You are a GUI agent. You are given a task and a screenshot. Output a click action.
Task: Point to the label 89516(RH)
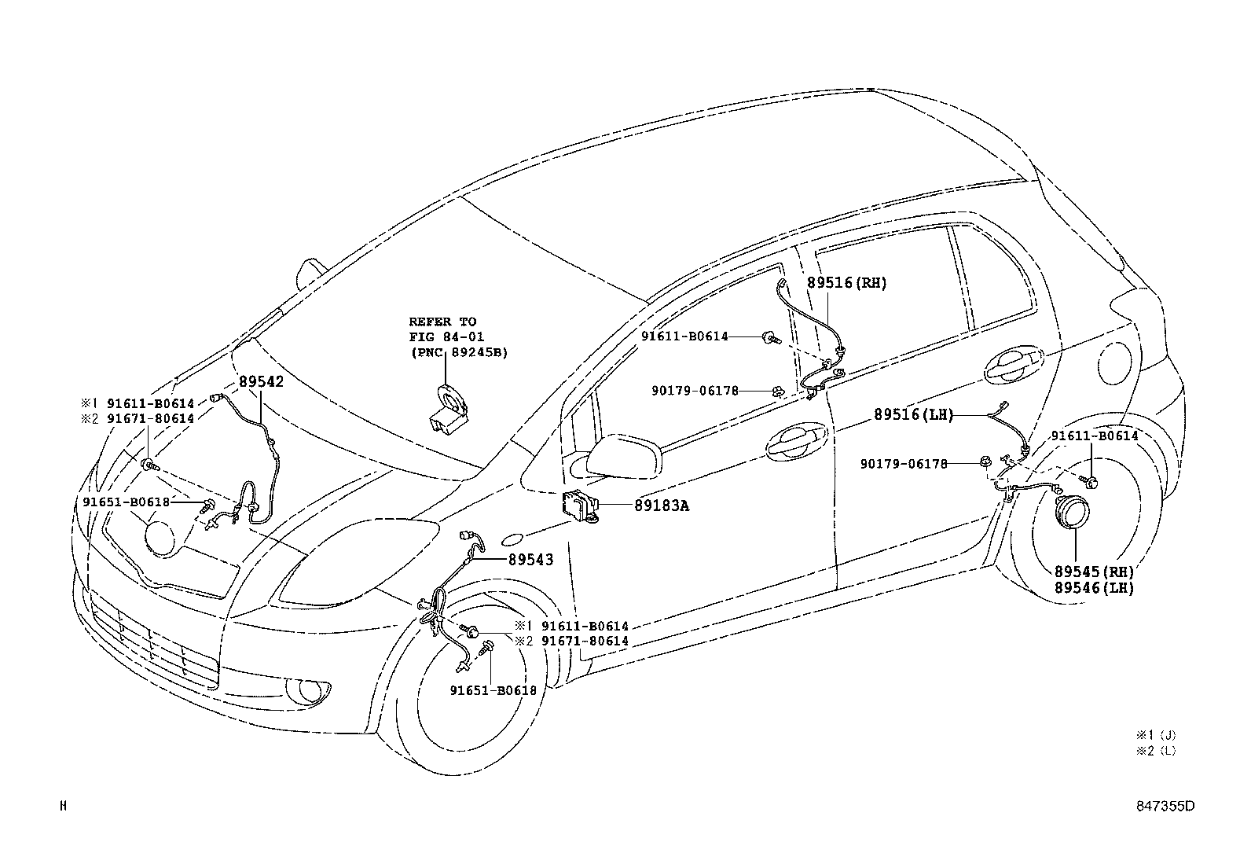pyautogui.click(x=846, y=283)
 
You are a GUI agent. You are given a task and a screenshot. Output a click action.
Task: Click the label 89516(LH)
pyautogui.click(x=913, y=415)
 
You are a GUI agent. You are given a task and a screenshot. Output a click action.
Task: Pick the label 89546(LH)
pyautogui.click(x=1094, y=587)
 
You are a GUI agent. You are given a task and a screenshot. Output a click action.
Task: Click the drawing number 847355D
pyautogui.click(x=1164, y=806)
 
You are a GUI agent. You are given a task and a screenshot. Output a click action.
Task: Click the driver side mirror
pyautogui.click(x=622, y=455)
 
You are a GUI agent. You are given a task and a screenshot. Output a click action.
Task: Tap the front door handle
pyautogui.click(x=796, y=445)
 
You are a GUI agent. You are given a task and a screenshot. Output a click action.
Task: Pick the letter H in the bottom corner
pyautogui.click(x=64, y=805)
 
